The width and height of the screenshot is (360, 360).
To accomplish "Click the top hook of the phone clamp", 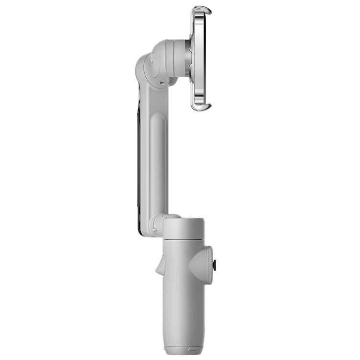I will click(x=202, y=10).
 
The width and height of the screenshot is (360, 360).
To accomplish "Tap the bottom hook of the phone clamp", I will click(x=201, y=106).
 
